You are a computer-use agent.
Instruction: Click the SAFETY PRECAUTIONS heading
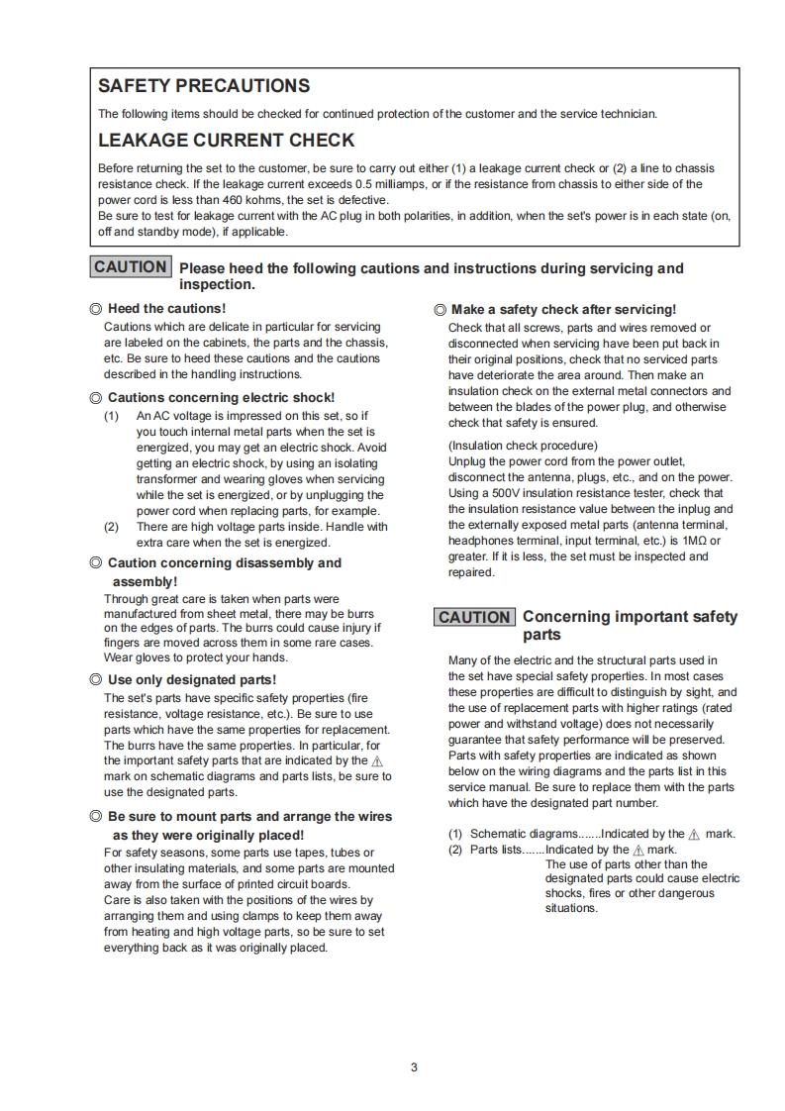point(204,86)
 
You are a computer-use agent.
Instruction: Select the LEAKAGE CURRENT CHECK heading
point(226,141)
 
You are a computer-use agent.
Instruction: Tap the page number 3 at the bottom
point(414,1067)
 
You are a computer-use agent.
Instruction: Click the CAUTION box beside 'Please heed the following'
point(131,267)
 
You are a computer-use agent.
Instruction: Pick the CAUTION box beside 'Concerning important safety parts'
point(474,617)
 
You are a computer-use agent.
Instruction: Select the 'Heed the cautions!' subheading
point(166,309)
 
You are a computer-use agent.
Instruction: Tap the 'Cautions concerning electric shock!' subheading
point(221,398)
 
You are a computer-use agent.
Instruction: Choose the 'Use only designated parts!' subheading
point(192,680)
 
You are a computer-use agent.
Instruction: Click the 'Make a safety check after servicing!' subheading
point(563,310)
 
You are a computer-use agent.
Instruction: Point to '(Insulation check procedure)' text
point(523,446)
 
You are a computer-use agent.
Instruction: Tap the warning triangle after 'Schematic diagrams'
point(694,835)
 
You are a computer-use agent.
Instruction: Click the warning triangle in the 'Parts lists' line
point(638,851)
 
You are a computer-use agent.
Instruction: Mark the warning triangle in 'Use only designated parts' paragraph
point(376,761)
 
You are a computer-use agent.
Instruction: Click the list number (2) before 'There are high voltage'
point(112,527)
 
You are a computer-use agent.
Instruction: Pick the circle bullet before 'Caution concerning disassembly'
point(96,562)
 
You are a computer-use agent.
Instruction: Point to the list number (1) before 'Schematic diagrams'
point(455,834)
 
